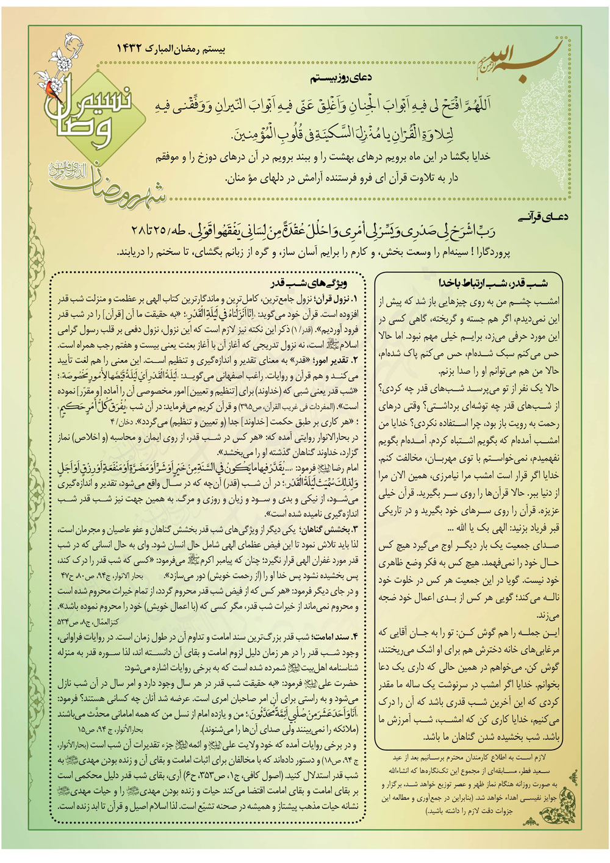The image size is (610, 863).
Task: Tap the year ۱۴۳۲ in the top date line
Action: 134,47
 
